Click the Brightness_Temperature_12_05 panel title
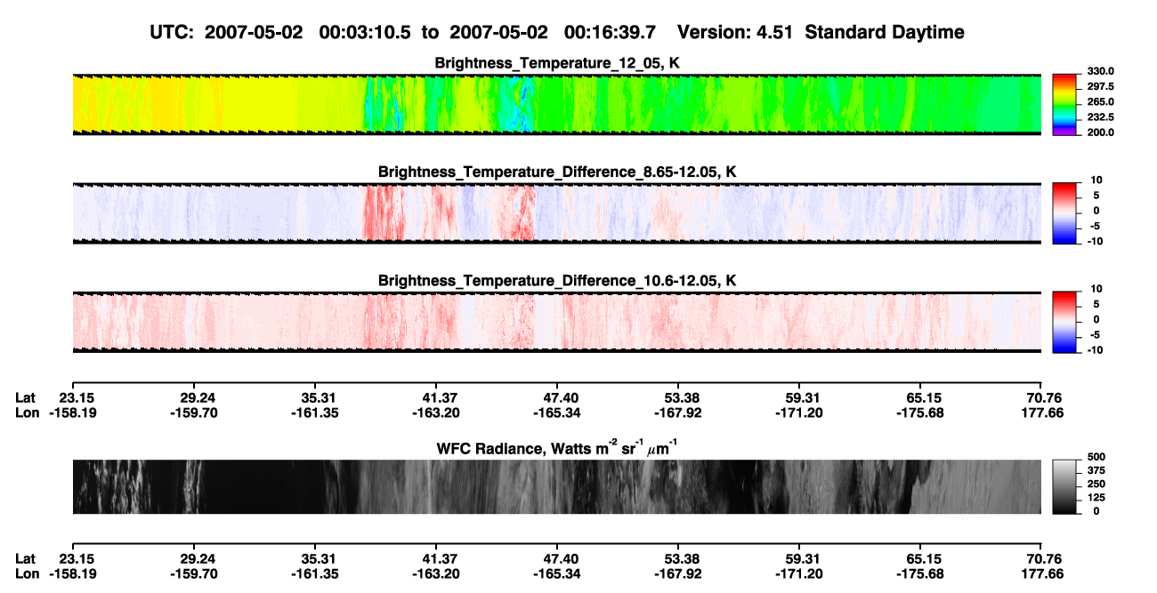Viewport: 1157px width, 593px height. pos(557,63)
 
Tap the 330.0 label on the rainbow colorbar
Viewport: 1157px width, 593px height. pos(1100,71)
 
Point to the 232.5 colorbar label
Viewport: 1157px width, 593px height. pos(1100,117)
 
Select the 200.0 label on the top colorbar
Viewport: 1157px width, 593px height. pos(1100,132)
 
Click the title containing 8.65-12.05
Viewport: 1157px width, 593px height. pos(557,172)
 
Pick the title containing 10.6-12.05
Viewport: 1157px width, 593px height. pos(557,281)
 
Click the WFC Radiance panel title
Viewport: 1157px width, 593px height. pos(557,448)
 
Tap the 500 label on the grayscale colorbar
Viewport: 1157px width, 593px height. pos(1096,457)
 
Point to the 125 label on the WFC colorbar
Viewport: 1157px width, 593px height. pos(1096,498)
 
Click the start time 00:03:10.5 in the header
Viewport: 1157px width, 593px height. pos(365,33)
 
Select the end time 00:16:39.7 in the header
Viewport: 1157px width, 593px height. pos(610,33)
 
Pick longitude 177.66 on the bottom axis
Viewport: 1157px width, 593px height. pos(1042,574)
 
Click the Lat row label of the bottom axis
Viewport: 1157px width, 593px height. pos(25,559)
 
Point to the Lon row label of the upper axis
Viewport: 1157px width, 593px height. pos(27,413)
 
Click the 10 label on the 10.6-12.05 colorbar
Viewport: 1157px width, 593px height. pos(1096,289)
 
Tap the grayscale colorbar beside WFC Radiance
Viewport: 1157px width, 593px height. pos(1064,486)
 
